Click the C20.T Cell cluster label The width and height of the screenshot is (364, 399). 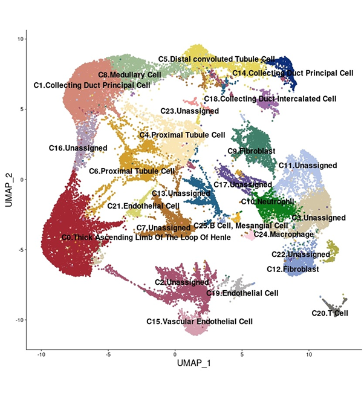click(330, 313)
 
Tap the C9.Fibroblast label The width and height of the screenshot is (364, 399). click(252, 151)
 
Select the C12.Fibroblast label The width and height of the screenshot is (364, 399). click(293, 269)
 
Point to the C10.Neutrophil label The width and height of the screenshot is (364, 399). click(267, 202)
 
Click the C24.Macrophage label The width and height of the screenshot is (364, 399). click(284, 235)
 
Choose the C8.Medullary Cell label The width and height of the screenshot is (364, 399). click(129, 75)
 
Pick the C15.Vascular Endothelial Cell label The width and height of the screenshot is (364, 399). click(200, 322)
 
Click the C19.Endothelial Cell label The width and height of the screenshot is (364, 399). click(242, 293)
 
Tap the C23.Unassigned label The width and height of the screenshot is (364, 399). click(190, 111)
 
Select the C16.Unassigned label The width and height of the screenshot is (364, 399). click(78, 148)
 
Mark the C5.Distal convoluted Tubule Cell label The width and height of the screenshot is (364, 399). click(216, 59)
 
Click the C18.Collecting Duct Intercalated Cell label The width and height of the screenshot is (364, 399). click(270, 99)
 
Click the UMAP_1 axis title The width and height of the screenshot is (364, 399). click(194, 363)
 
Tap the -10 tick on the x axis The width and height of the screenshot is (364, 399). click(41, 354)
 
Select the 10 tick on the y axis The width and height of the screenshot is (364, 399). click(21, 39)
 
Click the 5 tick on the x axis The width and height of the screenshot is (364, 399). click(242, 354)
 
